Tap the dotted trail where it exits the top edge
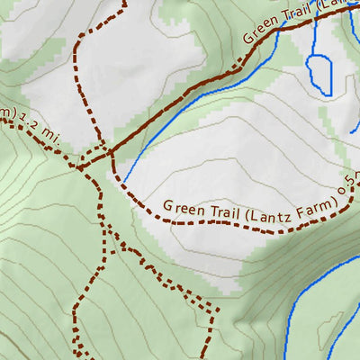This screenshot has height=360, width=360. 122,3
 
